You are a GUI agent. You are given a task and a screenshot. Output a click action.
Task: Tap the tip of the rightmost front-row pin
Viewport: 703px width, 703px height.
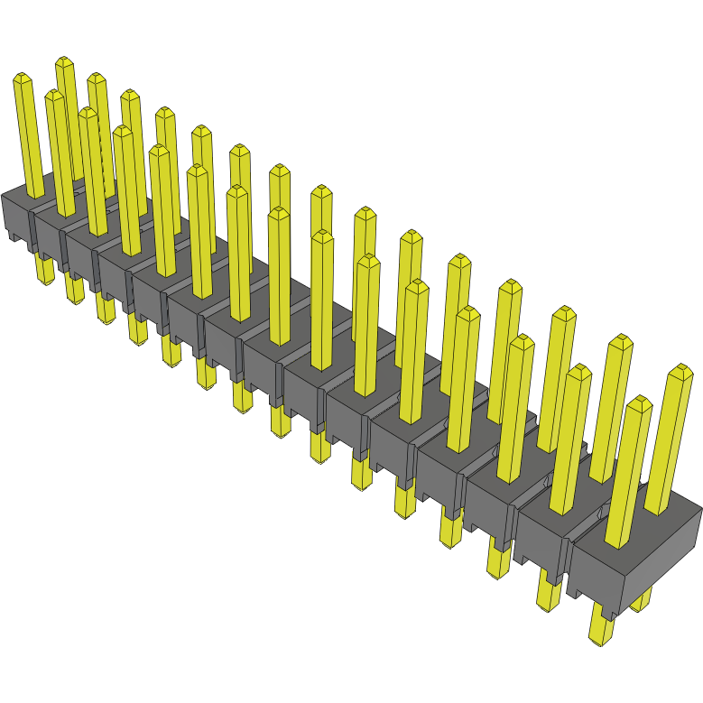(639, 402)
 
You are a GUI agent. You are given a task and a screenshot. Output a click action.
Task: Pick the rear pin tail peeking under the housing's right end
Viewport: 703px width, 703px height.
(642, 601)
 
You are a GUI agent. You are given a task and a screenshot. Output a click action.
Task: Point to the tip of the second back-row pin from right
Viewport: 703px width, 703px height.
(620, 341)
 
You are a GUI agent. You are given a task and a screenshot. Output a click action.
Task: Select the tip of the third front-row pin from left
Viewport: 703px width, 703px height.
(87, 113)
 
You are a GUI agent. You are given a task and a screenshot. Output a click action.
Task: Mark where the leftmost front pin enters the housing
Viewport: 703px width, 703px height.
(33, 195)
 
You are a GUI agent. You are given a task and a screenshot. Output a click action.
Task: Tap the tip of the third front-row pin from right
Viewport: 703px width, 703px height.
(522, 341)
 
